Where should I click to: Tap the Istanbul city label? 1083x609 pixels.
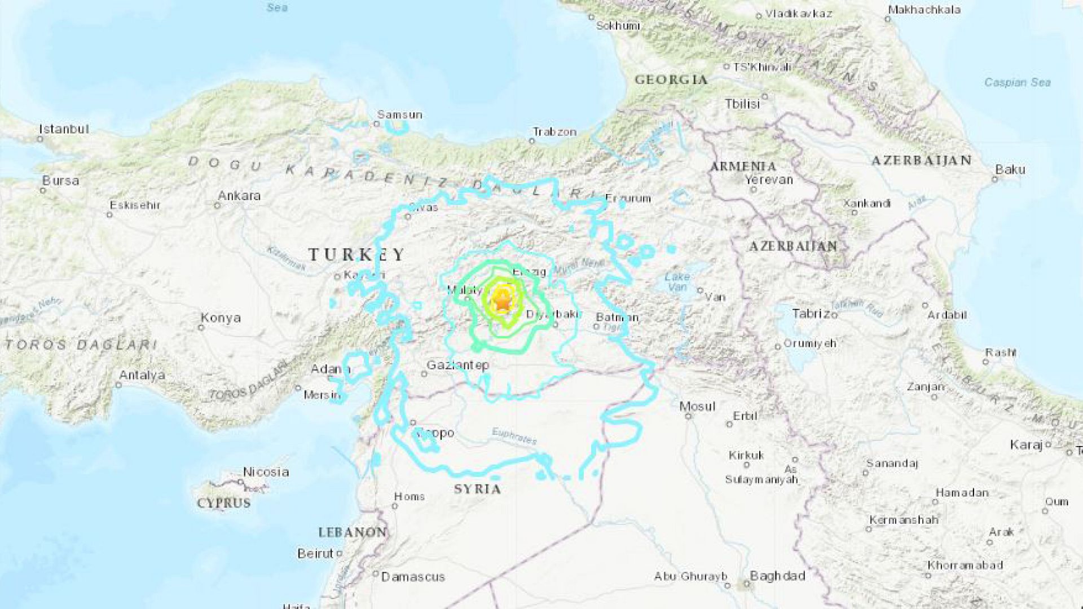point(64,129)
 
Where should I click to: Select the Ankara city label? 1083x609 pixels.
point(239,196)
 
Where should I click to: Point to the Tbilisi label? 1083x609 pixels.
point(742,104)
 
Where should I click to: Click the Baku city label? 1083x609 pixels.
point(1010,169)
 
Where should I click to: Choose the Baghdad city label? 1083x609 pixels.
point(777,576)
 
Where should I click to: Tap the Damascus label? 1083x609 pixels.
point(413,577)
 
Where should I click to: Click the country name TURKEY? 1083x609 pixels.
point(356,255)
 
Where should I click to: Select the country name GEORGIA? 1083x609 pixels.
point(671,80)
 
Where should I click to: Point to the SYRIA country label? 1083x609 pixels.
point(477,489)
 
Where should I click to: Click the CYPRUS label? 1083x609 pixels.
point(223,503)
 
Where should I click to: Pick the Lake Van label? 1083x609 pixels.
point(677,281)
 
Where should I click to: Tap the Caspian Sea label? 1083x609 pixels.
point(1018,82)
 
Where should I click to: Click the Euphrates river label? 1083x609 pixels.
point(514,435)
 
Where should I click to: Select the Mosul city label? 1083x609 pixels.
point(697,406)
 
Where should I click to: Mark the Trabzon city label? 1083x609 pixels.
point(554,132)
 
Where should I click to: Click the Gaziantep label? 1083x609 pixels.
point(457,365)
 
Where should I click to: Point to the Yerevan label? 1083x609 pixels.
point(769,180)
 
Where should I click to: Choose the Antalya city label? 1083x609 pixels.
point(142,375)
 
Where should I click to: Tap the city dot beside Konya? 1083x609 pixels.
point(202,328)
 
